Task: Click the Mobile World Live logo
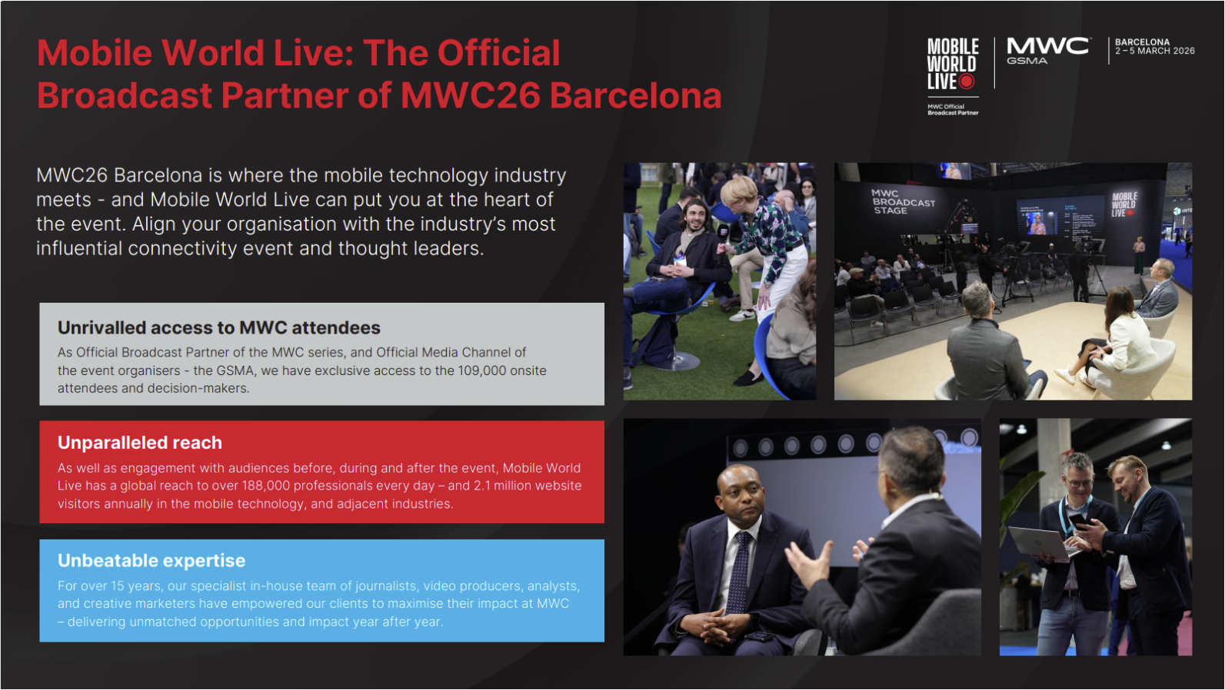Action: pyautogui.click(x=952, y=64)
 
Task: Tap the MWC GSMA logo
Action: pyautogui.click(x=1047, y=51)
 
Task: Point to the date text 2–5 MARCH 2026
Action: pyautogui.click(x=1155, y=51)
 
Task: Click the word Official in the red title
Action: pyautogui.click(x=499, y=54)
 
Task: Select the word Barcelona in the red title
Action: pyautogui.click(x=636, y=96)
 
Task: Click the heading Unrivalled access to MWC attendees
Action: pyautogui.click(x=218, y=328)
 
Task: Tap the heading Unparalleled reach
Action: pyautogui.click(x=139, y=443)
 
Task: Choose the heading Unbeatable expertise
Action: pyautogui.click(x=151, y=561)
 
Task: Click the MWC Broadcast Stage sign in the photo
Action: pyautogui.click(x=903, y=202)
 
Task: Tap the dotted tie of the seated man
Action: pyautogui.click(x=739, y=572)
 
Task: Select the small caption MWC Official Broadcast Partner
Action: pyautogui.click(x=952, y=110)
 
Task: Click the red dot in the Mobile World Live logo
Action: pyautogui.click(x=967, y=81)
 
